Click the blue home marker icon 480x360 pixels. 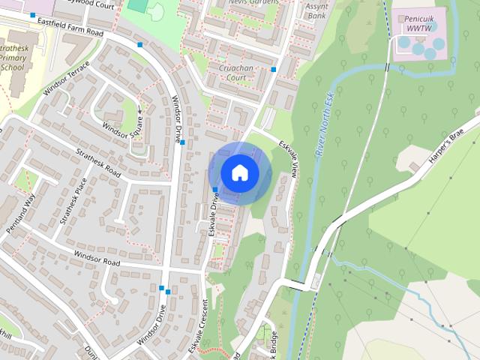240,173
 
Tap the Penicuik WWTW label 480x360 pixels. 415,22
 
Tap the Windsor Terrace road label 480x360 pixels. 66,79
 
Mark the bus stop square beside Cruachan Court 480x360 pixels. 274,70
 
